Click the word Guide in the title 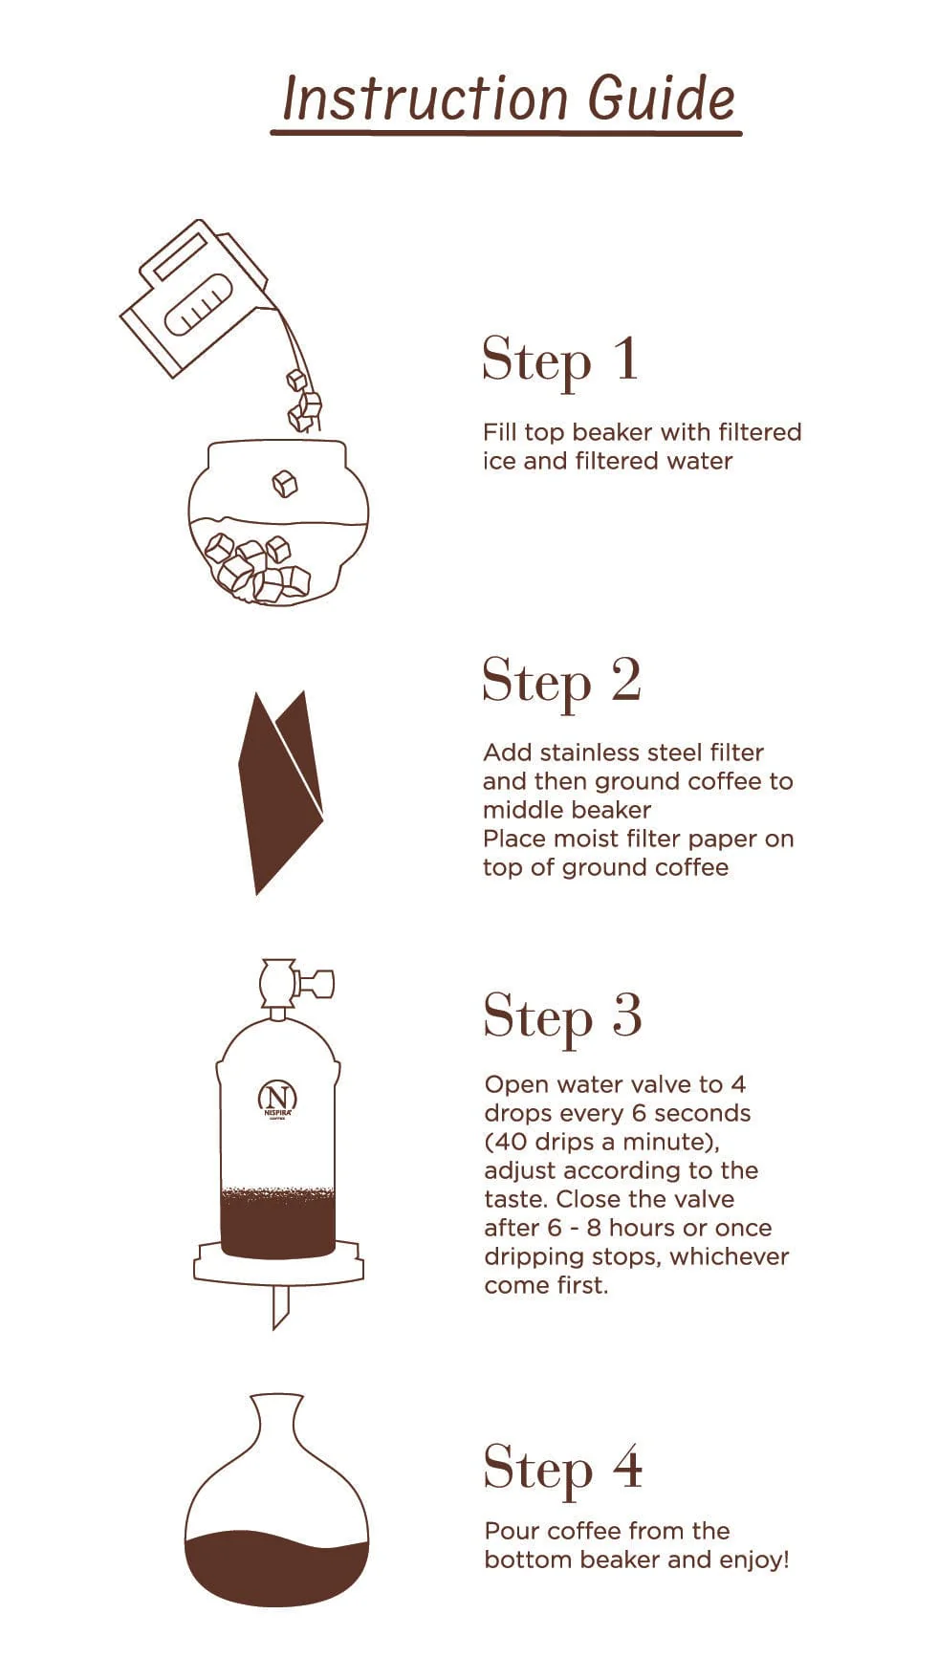(662, 98)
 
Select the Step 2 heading (561, 682)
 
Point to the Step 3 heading (562, 1016)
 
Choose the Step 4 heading (562, 1468)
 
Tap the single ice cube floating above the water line (284, 484)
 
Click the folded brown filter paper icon (280, 793)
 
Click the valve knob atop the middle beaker (296, 983)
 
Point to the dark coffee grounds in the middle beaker (277, 1223)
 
